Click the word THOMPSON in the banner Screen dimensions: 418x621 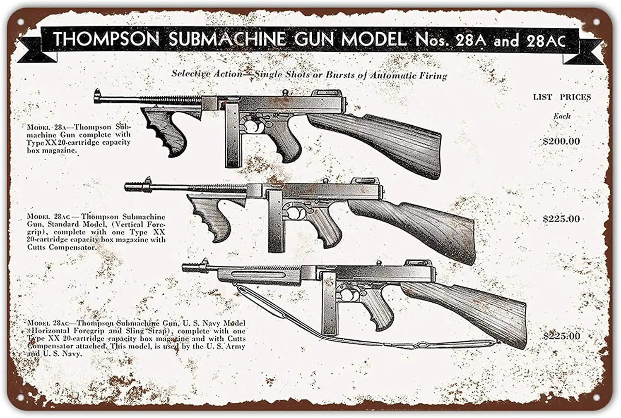click(x=106, y=39)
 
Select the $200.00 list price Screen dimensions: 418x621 click(x=561, y=141)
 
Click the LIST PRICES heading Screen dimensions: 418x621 click(x=561, y=97)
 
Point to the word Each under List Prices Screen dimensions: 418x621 click(x=562, y=116)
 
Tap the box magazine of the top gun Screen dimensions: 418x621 click(x=232, y=136)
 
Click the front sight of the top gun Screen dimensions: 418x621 click(x=98, y=93)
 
